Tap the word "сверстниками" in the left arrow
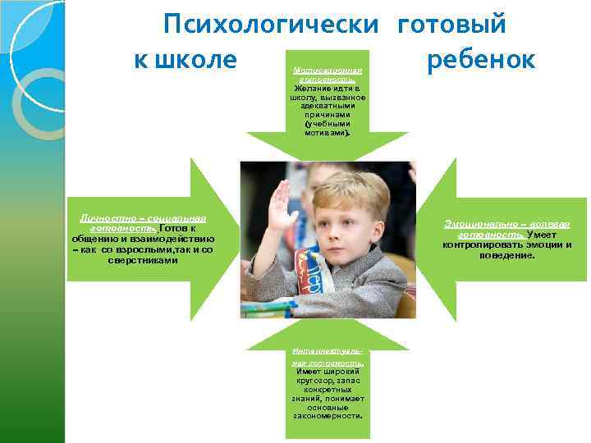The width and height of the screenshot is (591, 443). click(142, 261)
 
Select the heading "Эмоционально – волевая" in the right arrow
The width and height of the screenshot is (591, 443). click(506, 223)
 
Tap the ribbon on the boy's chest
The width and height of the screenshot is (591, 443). click(311, 271)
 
